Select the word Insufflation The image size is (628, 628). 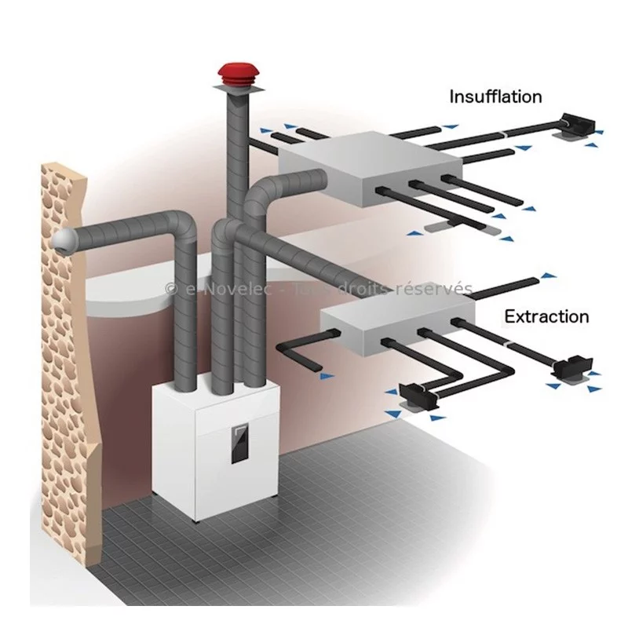click(495, 97)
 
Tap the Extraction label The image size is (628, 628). click(546, 317)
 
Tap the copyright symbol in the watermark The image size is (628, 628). click(171, 290)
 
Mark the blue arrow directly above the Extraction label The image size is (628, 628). click(547, 276)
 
